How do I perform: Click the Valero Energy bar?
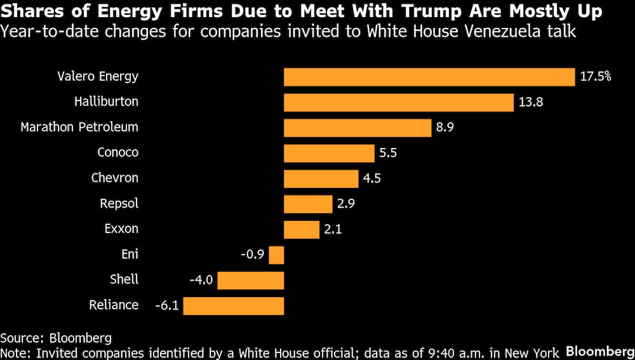[429, 77]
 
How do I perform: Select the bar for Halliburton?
[398, 102]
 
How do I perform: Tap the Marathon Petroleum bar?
[358, 128]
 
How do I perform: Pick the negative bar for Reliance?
[233, 305]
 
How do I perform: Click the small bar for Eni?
[276, 255]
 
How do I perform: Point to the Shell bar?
[251, 280]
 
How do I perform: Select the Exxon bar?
[301, 229]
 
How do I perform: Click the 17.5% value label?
[596, 77]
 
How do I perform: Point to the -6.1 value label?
[167, 305]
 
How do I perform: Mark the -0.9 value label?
[253, 255]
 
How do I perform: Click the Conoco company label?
[117, 152]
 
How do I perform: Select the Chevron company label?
[114, 178]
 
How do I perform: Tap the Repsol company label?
[119, 204]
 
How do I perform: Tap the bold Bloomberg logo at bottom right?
[599, 351]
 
